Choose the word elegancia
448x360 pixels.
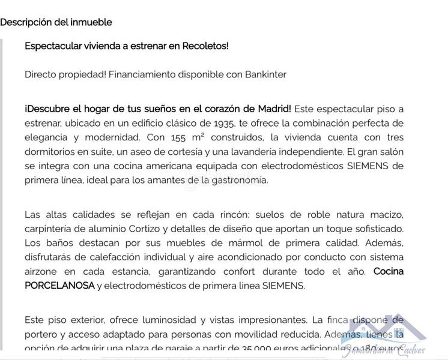[47, 137]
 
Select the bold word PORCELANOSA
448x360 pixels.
[59, 286]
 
